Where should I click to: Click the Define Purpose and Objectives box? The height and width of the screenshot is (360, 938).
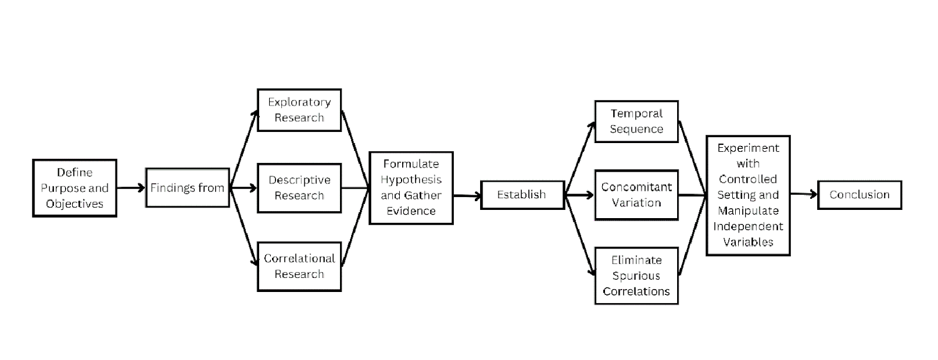[x=74, y=188]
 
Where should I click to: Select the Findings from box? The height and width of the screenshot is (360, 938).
[x=187, y=188]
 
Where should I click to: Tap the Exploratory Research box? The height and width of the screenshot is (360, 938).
[x=299, y=110]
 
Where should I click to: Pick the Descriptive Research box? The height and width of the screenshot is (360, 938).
[x=299, y=188]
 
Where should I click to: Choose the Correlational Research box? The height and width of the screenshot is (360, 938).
[x=299, y=267]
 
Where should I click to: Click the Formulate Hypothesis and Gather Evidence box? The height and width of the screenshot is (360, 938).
[x=411, y=188]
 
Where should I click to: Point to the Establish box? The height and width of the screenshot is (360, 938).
[x=522, y=195]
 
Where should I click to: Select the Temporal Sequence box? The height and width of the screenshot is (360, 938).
[x=636, y=121]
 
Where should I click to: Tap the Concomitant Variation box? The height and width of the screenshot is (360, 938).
[x=636, y=195]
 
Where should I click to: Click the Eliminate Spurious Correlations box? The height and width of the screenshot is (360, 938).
[x=636, y=276]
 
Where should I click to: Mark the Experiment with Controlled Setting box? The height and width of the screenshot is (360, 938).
[x=748, y=195]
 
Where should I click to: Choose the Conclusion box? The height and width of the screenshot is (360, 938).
[x=859, y=195]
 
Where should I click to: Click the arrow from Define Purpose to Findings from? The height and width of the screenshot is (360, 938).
[x=131, y=188]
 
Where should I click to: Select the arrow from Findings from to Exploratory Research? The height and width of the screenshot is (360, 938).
[x=243, y=150]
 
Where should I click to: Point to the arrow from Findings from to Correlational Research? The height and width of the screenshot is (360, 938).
[x=243, y=226]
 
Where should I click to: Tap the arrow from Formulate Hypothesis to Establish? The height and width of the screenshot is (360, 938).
[x=467, y=196]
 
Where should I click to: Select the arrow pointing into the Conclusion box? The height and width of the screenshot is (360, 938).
[x=804, y=194]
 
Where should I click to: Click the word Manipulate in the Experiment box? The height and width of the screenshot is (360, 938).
[x=748, y=211]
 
